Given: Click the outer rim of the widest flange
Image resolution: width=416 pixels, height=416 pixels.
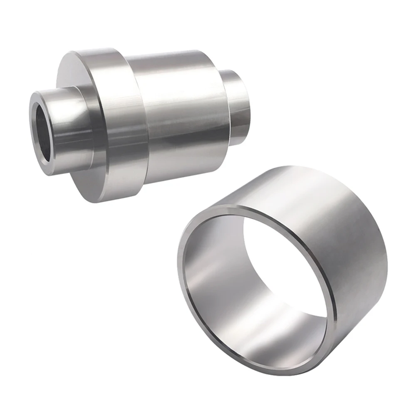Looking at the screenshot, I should (x=121, y=125).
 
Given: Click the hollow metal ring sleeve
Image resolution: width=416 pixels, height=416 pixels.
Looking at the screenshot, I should (x=283, y=270).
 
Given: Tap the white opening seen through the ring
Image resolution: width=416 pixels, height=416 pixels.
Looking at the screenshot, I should (x=287, y=266).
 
